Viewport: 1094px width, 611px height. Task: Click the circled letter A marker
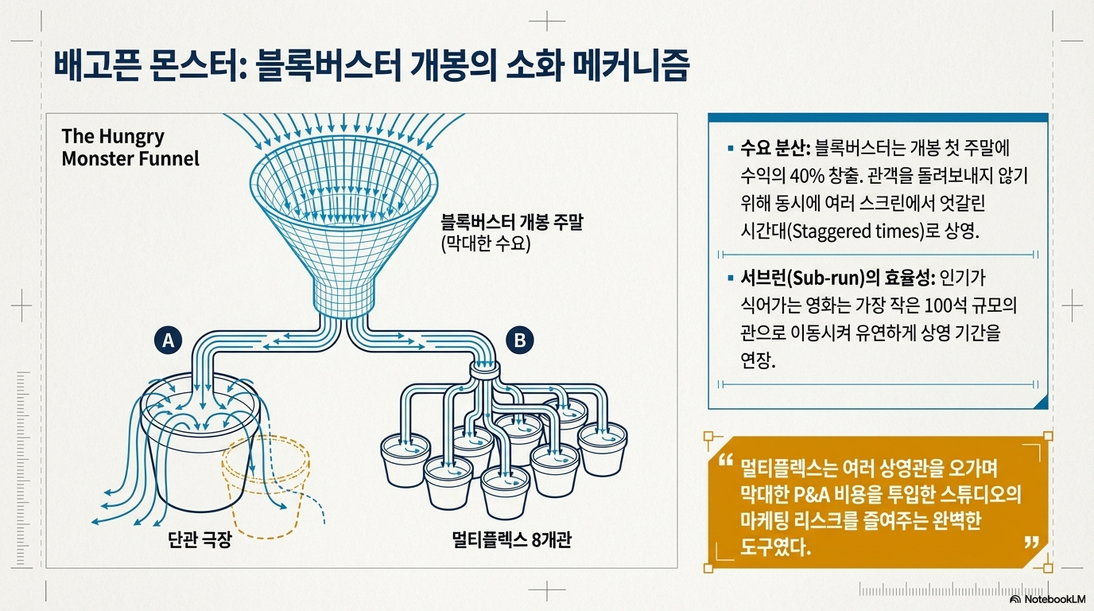(x=168, y=341)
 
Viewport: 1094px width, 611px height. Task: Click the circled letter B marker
(x=520, y=341)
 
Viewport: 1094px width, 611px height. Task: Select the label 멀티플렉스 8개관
(x=510, y=541)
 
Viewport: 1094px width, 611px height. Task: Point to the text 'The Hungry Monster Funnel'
(x=130, y=147)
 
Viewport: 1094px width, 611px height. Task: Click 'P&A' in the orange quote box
(x=813, y=493)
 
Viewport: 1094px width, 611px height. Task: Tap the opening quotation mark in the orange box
(x=724, y=462)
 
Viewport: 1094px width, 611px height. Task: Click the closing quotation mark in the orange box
(x=1032, y=543)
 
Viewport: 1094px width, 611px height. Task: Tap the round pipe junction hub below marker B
(x=484, y=371)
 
